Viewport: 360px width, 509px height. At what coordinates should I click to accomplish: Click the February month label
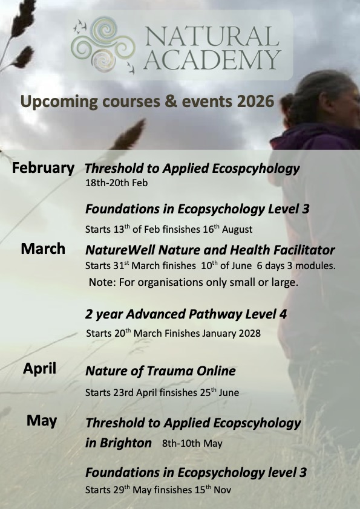point(44,168)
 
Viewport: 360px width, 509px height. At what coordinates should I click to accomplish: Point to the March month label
point(43,248)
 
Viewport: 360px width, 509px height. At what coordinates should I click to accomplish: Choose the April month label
point(40,368)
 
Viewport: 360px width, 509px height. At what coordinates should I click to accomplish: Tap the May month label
point(41,420)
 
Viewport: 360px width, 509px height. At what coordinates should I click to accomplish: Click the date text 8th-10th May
point(192,444)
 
